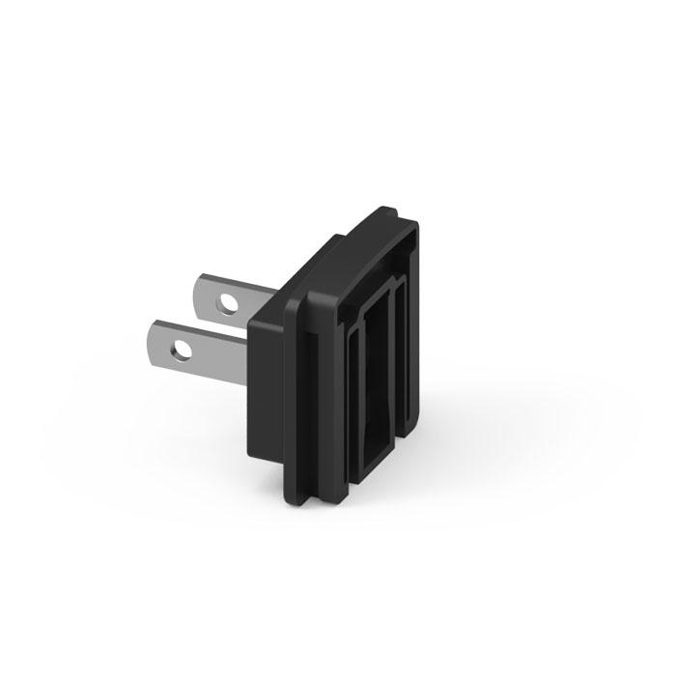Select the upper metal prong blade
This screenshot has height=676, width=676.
[x=246, y=299]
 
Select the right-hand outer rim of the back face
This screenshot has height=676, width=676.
[x=417, y=319]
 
